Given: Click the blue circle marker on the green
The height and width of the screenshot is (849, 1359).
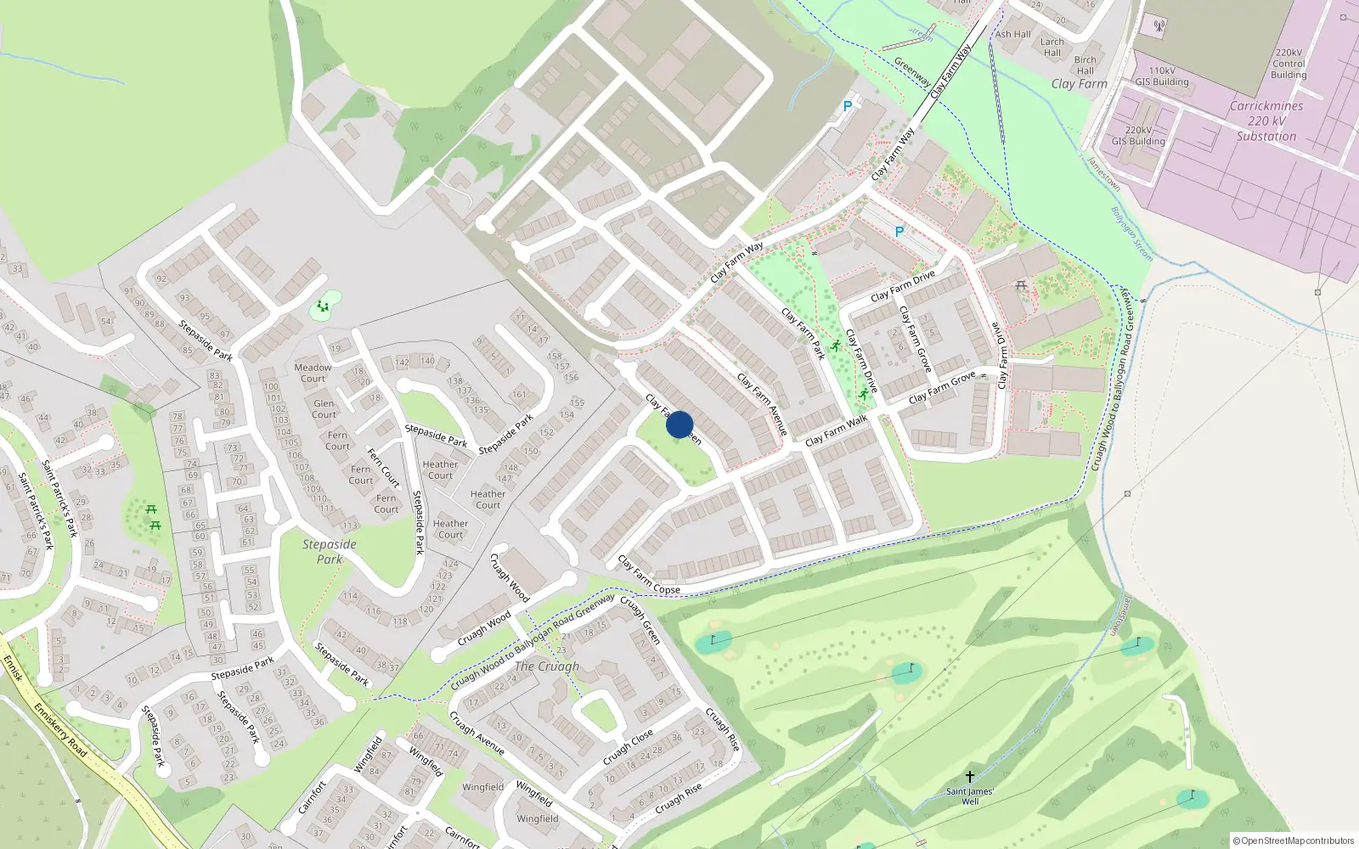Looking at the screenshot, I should (679, 424).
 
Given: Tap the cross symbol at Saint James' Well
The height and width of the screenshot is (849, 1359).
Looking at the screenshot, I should (970, 777).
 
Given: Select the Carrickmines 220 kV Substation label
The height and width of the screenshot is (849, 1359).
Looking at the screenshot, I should (1266, 121).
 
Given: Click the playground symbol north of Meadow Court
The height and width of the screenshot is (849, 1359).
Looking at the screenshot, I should (323, 306).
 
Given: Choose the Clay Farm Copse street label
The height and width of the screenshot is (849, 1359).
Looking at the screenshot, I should (649, 575).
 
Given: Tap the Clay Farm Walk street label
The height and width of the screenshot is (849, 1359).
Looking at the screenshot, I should (836, 430).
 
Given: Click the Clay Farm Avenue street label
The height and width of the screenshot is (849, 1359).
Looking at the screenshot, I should (763, 404).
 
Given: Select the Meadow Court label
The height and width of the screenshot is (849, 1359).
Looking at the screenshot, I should (313, 373).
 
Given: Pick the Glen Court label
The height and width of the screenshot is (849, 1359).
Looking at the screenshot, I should (324, 409).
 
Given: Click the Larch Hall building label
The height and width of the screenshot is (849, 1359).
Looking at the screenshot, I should (1052, 47).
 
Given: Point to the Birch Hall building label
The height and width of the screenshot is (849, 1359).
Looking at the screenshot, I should (1086, 65).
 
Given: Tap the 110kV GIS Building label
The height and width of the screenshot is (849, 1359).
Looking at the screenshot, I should (1162, 76).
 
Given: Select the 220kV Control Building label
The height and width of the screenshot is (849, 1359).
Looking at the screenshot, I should (1289, 64).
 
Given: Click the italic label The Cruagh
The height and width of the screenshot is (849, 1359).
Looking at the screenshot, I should (546, 666).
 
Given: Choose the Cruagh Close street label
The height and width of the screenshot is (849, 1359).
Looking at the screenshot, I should (629, 746).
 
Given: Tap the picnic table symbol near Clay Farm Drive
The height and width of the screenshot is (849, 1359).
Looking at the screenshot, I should (1021, 285).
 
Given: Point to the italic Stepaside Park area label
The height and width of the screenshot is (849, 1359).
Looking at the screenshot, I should (330, 552).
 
